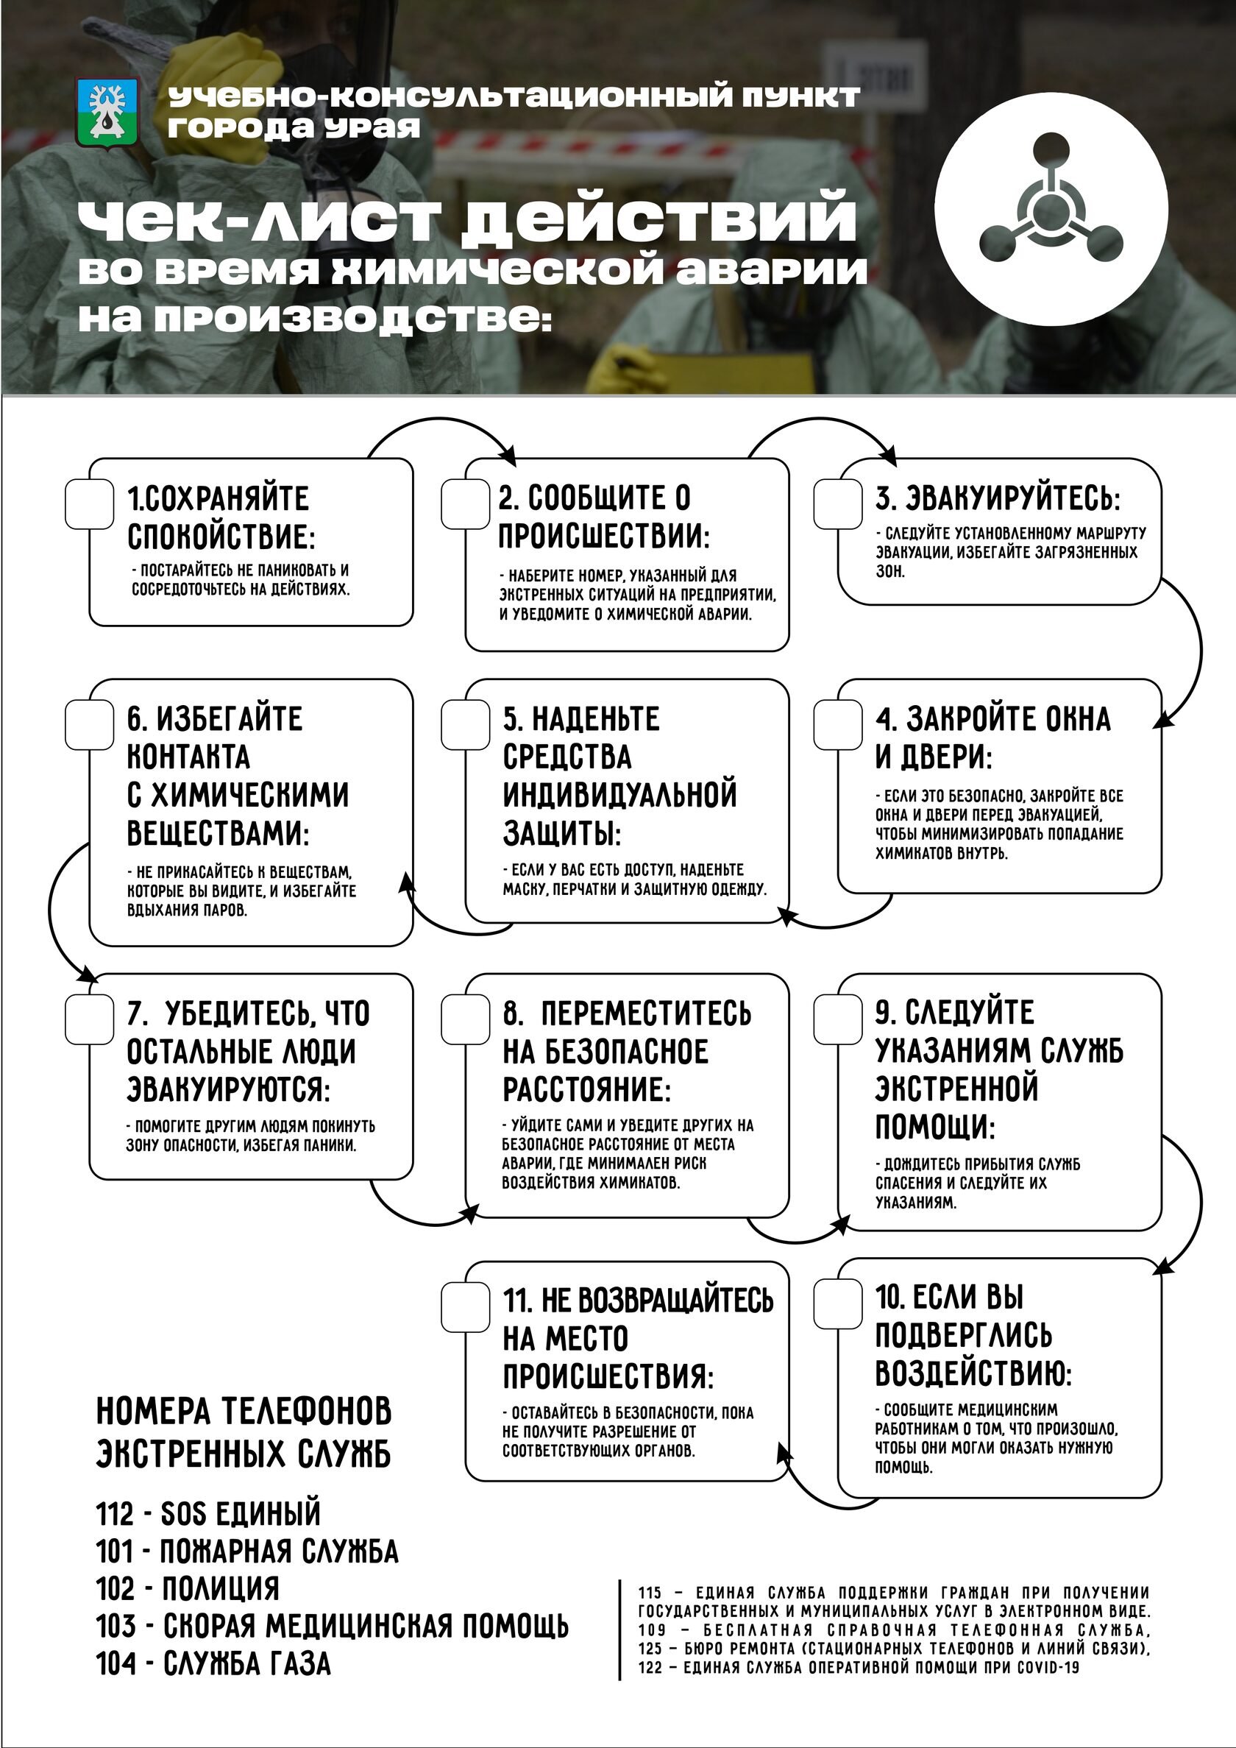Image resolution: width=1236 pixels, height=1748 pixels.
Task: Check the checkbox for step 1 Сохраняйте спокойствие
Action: [89, 504]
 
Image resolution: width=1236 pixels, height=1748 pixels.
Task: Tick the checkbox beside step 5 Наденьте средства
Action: [465, 724]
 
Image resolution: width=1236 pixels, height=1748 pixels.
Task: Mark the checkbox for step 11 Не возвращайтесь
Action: [465, 1307]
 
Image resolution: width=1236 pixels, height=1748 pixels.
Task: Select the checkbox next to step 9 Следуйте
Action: [837, 1019]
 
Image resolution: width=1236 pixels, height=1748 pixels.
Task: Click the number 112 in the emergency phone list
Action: [115, 1513]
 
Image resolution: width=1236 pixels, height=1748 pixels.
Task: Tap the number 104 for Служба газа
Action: [115, 1663]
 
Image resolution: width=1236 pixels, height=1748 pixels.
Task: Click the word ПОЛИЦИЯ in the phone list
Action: [220, 1588]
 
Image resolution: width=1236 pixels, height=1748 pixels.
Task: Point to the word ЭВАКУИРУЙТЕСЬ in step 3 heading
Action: [1013, 499]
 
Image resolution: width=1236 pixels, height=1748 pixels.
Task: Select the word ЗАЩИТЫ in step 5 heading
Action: [561, 834]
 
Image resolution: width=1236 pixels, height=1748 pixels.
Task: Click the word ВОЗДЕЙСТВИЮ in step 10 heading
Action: [973, 1373]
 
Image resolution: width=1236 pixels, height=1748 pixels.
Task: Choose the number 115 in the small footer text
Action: [649, 1593]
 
